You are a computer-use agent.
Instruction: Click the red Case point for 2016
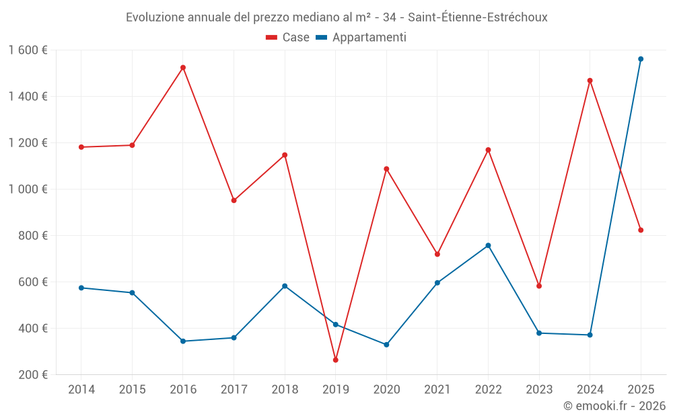tap(183, 67)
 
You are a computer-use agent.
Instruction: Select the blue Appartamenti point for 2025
tap(641, 59)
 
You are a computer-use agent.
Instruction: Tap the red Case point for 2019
tap(335, 360)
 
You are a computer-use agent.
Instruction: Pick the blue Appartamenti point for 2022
tap(488, 245)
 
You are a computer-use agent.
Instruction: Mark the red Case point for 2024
tap(590, 81)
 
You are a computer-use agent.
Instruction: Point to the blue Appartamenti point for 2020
tap(386, 345)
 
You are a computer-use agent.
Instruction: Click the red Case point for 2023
tap(539, 286)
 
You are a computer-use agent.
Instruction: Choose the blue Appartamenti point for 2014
tap(81, 288)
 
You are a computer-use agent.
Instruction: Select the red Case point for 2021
tap(437, 254)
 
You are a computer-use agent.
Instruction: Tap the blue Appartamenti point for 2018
tap(285, 286)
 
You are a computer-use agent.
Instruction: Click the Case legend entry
tap(288, 38)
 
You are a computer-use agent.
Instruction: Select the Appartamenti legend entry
tap(361, 38)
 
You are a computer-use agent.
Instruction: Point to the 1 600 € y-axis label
tap(28, 50)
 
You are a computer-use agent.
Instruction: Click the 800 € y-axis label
tap(34, 235)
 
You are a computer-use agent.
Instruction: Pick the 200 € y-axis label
tap(34, 374)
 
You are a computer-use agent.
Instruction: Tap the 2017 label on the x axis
tap(234, 389)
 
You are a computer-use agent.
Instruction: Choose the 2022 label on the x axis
tap(488, 389)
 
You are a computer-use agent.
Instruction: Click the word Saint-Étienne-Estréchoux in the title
tap(478, 17)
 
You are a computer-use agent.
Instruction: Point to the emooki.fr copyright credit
tap(614, 406)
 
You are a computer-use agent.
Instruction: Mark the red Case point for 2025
tap(641, 230)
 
